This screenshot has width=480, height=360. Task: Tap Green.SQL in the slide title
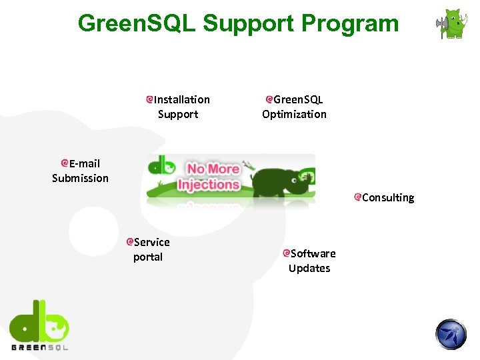coord(136,23)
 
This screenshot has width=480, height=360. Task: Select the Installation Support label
coord(181,107)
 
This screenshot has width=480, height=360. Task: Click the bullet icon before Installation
coord(151,99)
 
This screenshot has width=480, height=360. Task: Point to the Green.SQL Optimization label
coord(295,107)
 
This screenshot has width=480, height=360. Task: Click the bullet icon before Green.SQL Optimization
coord(269,99)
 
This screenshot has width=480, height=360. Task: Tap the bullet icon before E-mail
coord(65,163)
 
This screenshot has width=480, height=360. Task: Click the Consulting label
coord(387,197)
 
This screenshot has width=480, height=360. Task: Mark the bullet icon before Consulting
coord(358,197)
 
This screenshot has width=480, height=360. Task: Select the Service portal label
coord(150,249)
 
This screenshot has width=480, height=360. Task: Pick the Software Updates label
coord(311,261)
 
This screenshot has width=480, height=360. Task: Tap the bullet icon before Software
coord(286,253)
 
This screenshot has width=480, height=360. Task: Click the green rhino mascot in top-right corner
coord(454,24)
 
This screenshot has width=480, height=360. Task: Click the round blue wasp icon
coord(452,334)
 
